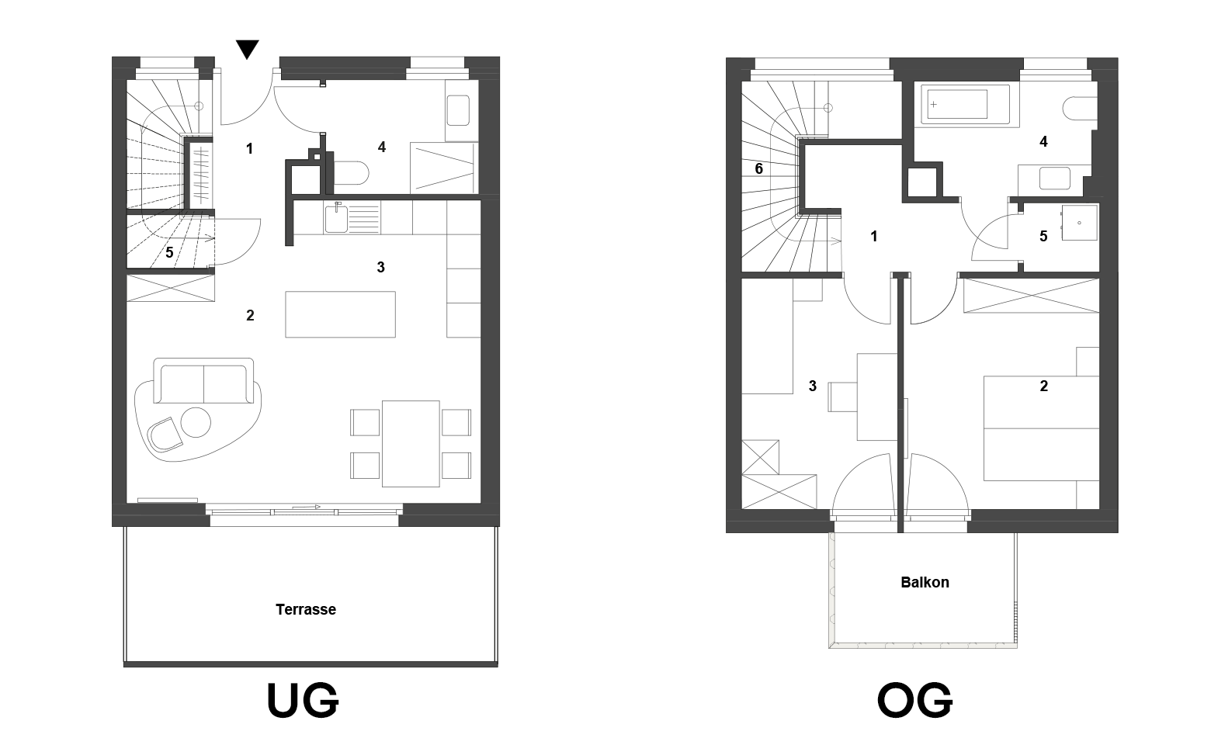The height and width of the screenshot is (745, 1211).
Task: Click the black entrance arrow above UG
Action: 248,49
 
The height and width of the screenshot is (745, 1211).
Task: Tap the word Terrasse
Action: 305,609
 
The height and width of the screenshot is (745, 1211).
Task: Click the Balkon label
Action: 925,582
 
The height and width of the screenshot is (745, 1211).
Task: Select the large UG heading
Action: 303,700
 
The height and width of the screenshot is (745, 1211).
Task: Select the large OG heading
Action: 914,700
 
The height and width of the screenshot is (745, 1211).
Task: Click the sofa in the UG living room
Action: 203,380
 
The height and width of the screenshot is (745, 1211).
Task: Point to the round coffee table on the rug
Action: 196,422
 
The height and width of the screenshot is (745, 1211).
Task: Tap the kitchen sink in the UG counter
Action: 336,218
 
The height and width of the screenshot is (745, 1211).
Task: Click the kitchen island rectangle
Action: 341,314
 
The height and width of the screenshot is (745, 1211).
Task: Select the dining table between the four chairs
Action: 411,444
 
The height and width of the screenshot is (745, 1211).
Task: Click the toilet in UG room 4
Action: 351,174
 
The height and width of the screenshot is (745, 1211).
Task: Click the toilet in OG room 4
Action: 1080,109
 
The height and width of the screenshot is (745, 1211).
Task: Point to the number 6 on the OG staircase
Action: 759,169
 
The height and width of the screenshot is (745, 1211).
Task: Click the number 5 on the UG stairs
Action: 169,252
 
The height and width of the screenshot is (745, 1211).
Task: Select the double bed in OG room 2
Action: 1041,428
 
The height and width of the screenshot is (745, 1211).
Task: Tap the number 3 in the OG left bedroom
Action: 813,386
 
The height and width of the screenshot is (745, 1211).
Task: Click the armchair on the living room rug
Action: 165,435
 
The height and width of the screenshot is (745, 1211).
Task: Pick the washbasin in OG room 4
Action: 1055,178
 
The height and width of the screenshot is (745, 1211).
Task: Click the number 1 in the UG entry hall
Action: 249,149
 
